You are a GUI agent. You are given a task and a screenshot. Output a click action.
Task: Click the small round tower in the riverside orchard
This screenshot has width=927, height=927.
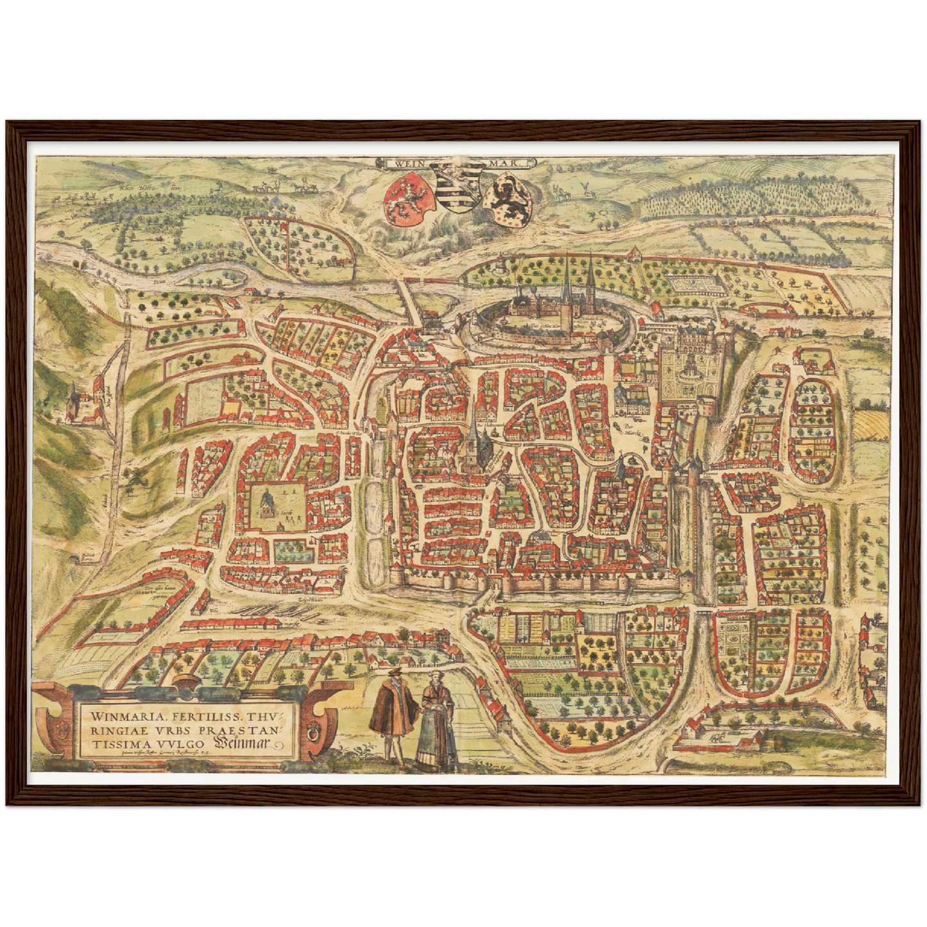(x=501, y=264)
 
